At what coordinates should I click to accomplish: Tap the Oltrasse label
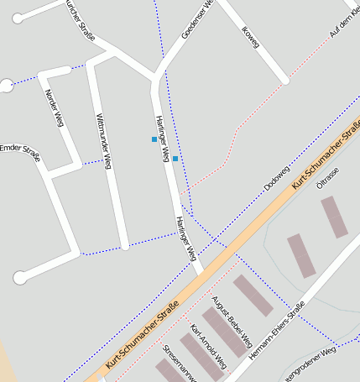327,180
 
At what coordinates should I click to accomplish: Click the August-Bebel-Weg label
232,322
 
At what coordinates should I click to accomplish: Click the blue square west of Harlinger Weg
154,139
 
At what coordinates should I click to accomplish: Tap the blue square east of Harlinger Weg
175,159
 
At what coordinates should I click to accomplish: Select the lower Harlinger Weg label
185,238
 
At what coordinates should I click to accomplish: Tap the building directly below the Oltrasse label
334,217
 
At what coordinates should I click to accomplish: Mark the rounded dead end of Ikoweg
285,81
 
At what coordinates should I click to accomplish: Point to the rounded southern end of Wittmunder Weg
125,246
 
